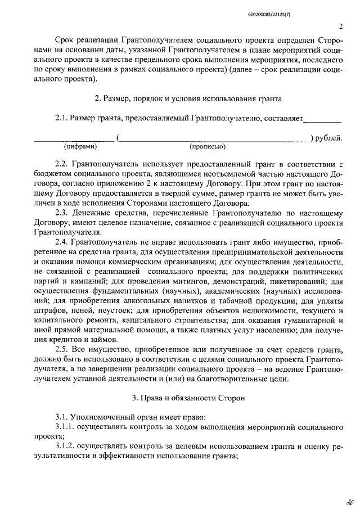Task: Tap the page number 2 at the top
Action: (x=341, y=26)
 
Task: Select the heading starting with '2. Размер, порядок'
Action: (x=188, y=99)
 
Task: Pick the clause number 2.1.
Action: (x=63, y=119)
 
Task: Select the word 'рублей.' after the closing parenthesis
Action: (x=330, y=138)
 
